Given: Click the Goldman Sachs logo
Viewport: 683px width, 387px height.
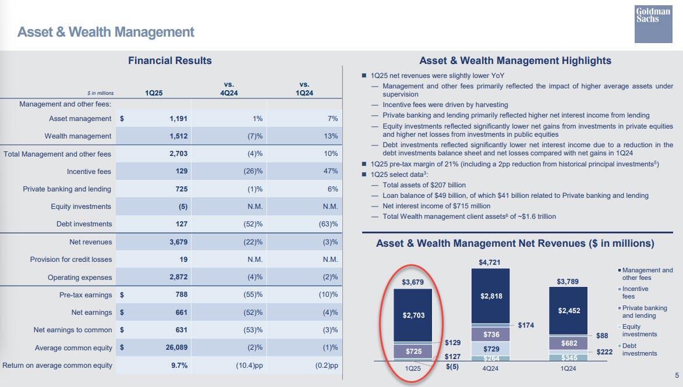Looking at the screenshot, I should [x=653, y=23].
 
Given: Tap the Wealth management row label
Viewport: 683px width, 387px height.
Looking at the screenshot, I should [x=77, y=136].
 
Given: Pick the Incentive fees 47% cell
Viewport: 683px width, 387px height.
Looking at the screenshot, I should [x=331, y=171].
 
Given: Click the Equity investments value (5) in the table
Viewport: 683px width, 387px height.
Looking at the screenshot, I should [x=182, y=207].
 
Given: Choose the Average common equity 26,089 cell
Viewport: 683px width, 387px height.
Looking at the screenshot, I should [x=174, y=348].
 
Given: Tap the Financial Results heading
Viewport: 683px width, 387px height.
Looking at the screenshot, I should [x=169, y=61].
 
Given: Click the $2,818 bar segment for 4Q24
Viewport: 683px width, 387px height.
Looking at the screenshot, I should [x=490, y=296].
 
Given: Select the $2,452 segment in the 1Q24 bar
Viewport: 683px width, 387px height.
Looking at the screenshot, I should [x=568, y=311].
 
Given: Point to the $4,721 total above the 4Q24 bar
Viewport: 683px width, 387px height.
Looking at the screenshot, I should [x=490, y=262].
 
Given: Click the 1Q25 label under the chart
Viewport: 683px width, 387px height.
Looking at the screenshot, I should [x=413, y=368].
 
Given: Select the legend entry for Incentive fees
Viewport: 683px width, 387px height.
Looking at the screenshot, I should [x=635, y=292].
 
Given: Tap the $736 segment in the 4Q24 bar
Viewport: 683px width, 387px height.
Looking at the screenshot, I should [x=490, y=335].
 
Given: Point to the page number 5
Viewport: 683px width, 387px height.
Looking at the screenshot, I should [x=676, y=375].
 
